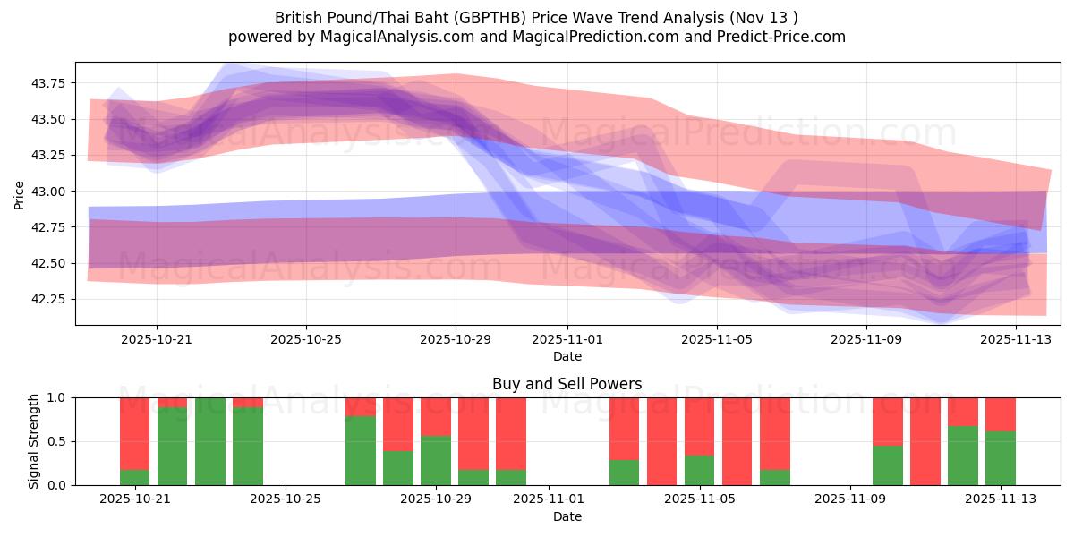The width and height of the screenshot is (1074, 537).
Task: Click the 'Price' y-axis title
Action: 20,193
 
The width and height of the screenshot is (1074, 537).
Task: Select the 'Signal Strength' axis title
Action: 33,441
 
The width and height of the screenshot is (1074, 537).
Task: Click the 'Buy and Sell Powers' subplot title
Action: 567,384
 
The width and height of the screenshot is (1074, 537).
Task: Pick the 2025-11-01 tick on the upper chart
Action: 567,339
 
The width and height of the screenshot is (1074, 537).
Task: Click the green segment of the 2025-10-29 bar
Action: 436,460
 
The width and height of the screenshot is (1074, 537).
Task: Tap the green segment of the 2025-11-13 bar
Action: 1000,458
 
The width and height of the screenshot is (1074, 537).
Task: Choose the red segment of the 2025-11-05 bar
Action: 700,426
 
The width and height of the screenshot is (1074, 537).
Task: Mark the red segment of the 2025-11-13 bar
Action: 1000,414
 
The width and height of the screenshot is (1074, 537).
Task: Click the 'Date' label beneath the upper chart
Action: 567,356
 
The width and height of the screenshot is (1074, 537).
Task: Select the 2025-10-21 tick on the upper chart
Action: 157,339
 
